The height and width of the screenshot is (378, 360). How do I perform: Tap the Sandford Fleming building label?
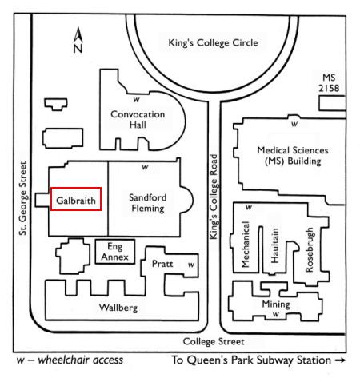(x=148, y=203)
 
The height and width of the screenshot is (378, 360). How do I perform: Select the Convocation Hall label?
(x=138, y=119)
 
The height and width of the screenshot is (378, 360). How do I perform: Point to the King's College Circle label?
(x=213, y=42)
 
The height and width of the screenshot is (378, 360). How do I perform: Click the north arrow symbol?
(x=78, y=40)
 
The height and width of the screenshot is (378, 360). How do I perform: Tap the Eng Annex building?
(x=115, y=252)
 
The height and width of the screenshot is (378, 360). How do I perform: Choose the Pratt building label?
(x=162, y=264)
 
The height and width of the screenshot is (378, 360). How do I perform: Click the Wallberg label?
(x=118, y=308)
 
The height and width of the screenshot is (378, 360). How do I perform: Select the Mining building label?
(x=276, y=304)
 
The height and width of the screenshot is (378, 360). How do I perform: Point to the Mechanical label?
(x=245, y=245)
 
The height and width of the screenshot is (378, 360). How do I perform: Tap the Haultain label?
(x=274, y=245)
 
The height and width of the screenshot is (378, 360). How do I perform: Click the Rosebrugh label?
(x=310, y=249)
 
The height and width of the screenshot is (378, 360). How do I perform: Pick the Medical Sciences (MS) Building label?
(x=293, y=156)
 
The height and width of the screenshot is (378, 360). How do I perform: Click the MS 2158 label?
(x=329, y=83)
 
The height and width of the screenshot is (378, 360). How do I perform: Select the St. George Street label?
(x=23, y=198)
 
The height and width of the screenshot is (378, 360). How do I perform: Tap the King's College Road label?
(x=214, y=197)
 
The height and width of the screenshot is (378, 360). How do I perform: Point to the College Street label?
(x=214, y=341)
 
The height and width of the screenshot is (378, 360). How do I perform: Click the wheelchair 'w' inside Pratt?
(x=191, y=265)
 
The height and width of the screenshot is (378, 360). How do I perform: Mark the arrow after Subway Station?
(x=340, y=360)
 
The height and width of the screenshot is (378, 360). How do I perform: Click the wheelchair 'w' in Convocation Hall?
(x=137, y=100)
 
